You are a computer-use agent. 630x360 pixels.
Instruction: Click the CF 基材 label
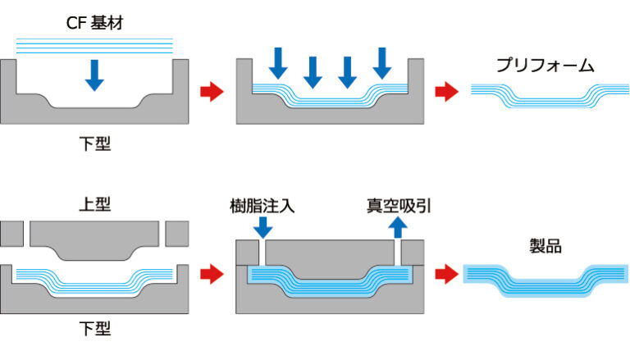click(x=94, y=21)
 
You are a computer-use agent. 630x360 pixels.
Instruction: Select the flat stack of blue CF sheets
click(x=94, y=46)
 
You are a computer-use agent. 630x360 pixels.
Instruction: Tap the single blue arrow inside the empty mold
click(x=94, y=74)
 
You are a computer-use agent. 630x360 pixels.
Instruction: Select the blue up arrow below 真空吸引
click(x=399, y=226)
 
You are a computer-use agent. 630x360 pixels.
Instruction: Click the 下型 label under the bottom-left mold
click(x=94, y=330)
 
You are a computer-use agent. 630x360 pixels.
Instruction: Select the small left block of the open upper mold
click(x=12, y=233)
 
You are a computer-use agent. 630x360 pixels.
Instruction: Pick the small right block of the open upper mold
click(x=176, y=233)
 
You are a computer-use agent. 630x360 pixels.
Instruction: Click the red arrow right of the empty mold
click(x=212, y=92)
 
